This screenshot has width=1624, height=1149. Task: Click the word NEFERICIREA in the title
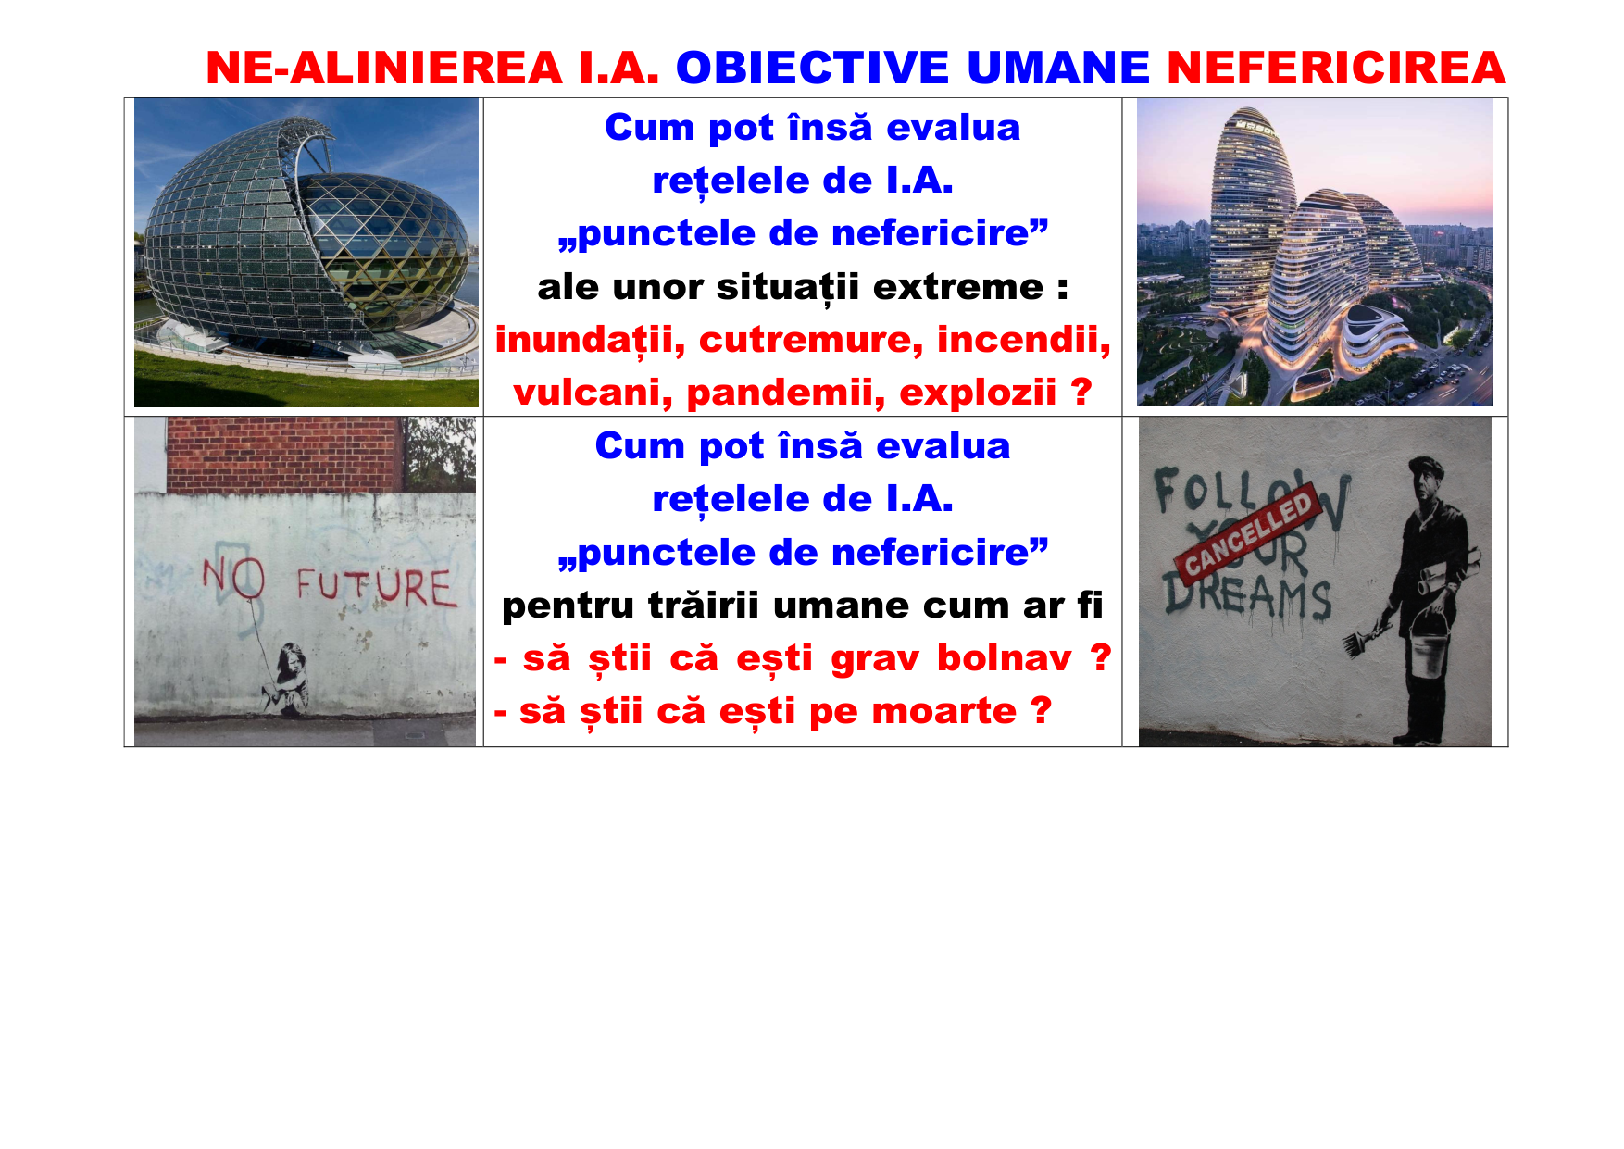pos(1336,69)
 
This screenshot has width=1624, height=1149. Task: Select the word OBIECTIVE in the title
pos(812,69)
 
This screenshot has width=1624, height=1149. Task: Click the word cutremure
pos(810,340)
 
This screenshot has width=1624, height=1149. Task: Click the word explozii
pos(978,393)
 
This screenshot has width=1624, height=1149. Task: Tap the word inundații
pos(590,340)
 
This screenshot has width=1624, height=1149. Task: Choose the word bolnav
pos(1005,658)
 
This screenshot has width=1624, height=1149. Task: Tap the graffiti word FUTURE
pos(377,586)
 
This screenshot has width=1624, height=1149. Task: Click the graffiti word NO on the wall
pos(233,579)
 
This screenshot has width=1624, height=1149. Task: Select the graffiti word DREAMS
pos(1247,601)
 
